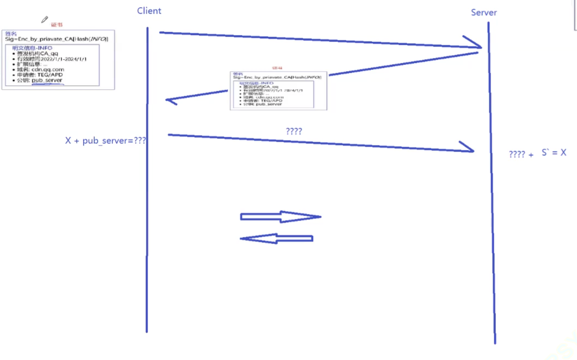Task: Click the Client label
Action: point(149,10)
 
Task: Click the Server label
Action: point(484,12)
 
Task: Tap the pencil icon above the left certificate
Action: point(45,20)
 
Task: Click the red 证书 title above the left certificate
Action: point(57,25)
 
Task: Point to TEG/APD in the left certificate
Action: point(50,75)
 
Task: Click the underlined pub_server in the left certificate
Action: point(47,80)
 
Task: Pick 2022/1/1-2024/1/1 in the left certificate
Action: point(64,59)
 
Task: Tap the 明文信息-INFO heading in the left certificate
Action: point(32,48)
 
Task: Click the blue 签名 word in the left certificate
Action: point(11,34)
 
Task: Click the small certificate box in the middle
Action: point(278,90)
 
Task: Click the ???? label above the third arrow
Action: point(294,131)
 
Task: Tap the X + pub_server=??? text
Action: point(106,141)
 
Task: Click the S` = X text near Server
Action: point(553,153)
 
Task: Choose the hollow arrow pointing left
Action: point(276,239)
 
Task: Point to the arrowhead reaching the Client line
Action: point(171,100)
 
